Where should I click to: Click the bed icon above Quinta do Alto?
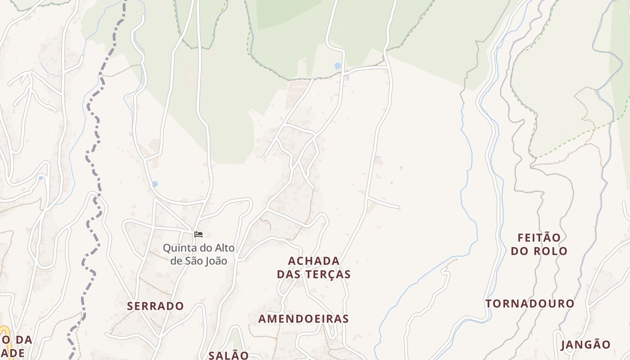[198, 234]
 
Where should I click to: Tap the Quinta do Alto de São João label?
[198, 254]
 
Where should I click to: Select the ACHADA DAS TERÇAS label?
[314, 267]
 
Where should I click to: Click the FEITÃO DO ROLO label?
[539, 244]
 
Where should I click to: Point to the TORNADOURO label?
[530, 304]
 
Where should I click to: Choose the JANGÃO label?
[585, 345]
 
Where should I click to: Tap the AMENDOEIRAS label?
[303, 319]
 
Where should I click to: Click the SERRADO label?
[155, 306]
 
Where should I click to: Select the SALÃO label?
[229, 355]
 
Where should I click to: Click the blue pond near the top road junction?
[337, 66]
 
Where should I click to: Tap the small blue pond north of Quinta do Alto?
[155, 184]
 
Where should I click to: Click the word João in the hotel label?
[214, 261]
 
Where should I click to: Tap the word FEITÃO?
[539, 238]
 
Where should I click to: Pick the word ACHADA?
[314, 261]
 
